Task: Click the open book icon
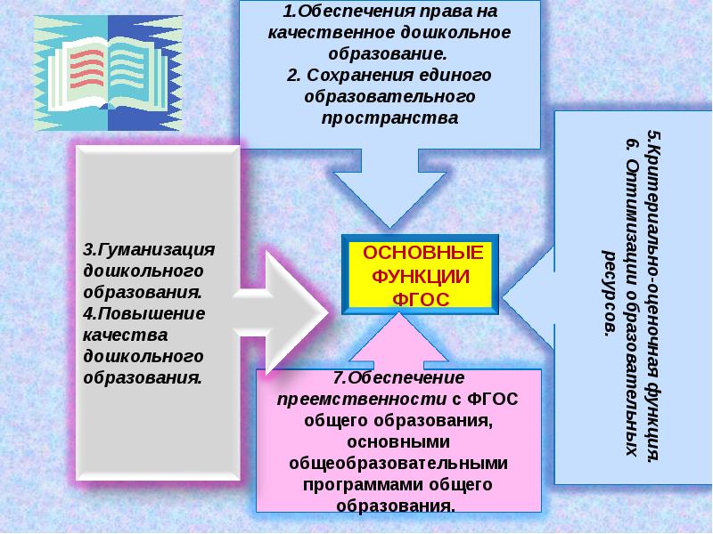pos(108,73)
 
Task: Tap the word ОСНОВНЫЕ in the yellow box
pos(422,253)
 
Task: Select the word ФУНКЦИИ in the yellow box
pos(421,277)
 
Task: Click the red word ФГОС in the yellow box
pos(421,299)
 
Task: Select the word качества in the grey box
pos(126,336)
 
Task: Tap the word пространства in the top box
pos(389,118)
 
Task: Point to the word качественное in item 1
pos(331,33)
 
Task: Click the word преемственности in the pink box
pos(362,399)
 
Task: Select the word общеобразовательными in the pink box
pos(398,464)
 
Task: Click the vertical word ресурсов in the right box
pos(610,294)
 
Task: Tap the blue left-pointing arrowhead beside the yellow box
pos(528,298)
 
